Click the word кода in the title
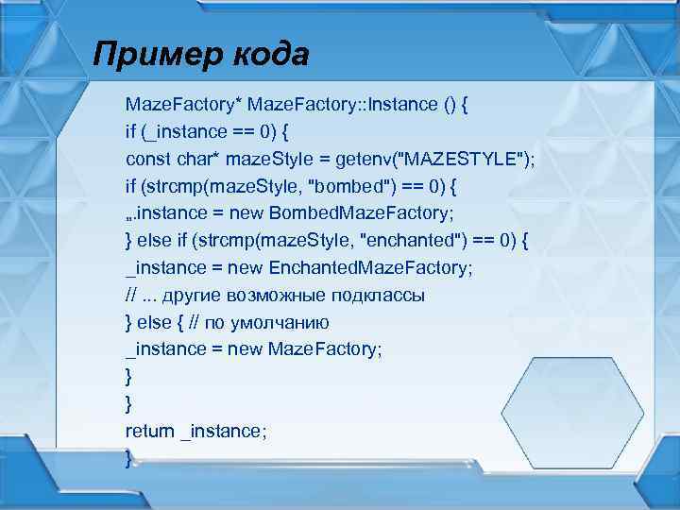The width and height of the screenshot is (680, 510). [268, 55]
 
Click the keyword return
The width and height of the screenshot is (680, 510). [150, 431]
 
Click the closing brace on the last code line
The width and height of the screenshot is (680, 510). [129, 458]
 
